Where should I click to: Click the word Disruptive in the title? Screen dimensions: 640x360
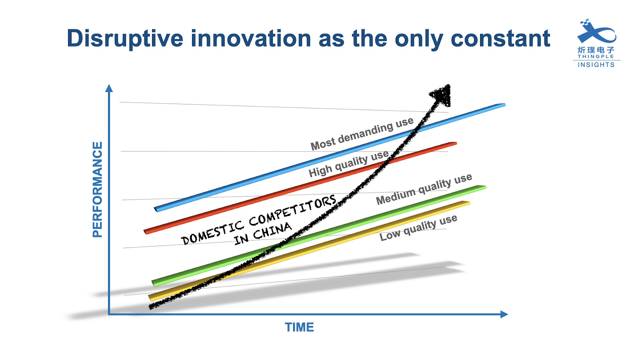pos(125,38)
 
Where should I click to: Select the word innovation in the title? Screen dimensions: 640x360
pos(251,38)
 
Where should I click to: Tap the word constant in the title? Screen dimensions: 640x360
pos(500,38)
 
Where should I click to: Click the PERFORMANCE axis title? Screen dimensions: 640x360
pos(98,190)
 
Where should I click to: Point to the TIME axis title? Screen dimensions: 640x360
pos(299,327)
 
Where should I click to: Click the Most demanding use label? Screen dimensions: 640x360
pos(362,134)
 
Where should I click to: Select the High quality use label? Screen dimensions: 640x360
pos(348,164)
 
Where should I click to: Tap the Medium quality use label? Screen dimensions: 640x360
pos(424,189)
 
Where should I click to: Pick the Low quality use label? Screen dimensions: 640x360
pos(418,228)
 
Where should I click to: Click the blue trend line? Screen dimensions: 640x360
pos(330,158)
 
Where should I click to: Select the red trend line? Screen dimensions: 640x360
pos(300,188)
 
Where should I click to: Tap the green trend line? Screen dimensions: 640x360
pos(319,236)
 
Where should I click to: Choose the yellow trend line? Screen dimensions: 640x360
pos(309,251)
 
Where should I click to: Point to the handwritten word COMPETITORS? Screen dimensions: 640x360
pos(292,210)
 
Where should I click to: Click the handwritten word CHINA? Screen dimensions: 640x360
pos(272,231)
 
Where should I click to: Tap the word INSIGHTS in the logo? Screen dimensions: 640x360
pos(596,65)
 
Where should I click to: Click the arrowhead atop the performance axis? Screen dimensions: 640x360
pos(109,88)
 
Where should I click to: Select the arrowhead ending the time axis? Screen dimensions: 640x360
pos(504,314)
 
